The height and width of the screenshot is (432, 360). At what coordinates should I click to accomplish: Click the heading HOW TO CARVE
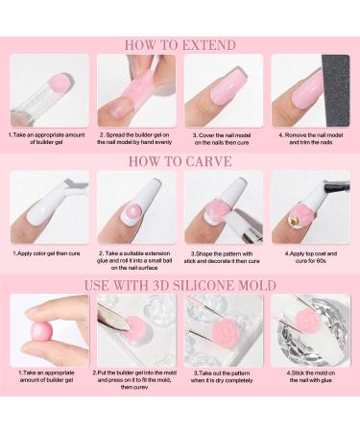click(180, 161)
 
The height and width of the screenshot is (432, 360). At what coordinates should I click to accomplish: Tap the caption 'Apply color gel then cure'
click(49, 254)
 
